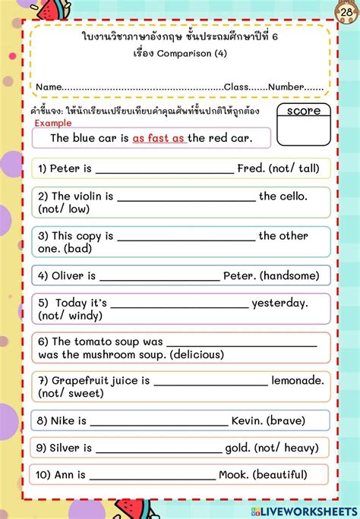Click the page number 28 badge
(348, 13)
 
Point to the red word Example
(53, 123)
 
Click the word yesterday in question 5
(279, 303)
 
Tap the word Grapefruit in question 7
(84, 380)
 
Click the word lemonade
(297, 380)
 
